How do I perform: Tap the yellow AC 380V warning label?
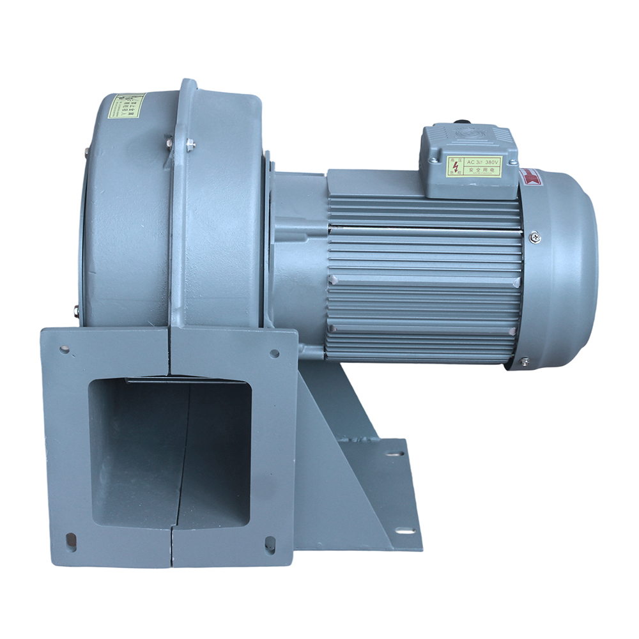473,166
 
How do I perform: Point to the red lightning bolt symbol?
455,166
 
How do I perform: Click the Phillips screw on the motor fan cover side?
535,238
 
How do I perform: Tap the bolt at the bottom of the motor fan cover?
525,362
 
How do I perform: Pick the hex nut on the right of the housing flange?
190,145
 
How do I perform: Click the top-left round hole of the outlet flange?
65,350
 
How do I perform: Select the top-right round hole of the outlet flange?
275,353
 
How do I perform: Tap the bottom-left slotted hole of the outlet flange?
71,541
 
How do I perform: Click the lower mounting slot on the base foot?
403,530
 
